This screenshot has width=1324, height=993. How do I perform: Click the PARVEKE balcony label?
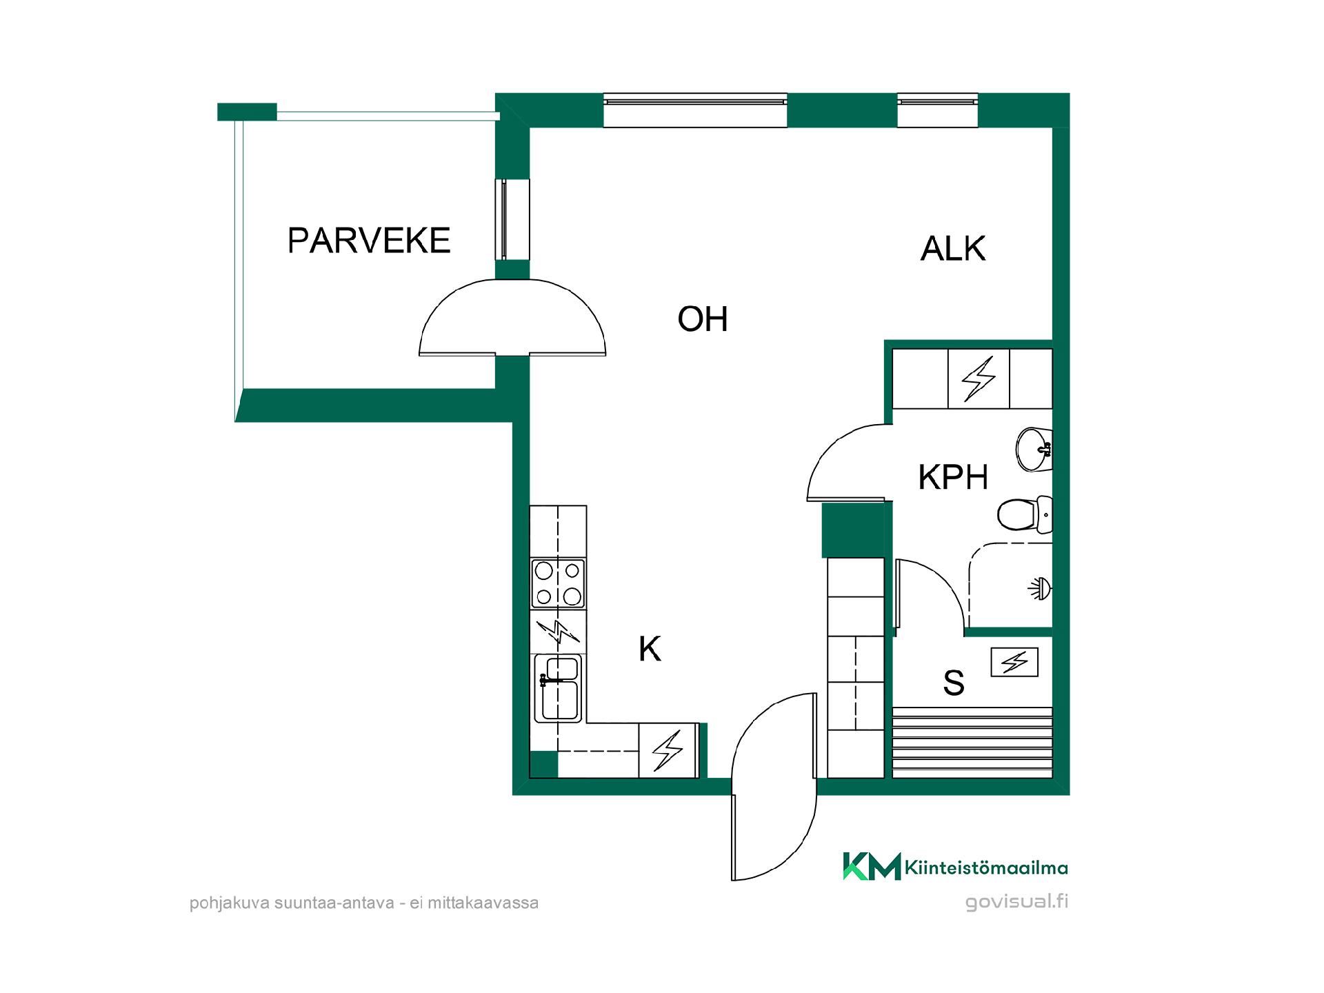369,241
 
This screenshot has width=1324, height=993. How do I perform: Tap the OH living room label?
703,319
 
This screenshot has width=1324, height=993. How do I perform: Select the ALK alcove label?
953,249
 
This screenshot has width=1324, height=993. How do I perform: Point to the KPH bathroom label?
953,477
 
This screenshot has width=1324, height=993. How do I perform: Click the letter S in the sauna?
954,683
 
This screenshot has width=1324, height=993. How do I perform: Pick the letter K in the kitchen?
650,649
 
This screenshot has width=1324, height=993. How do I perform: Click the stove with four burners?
558,583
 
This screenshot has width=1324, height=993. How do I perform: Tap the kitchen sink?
559,688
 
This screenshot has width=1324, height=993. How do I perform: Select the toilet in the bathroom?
1025,514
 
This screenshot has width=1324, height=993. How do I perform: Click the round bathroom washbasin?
1034,450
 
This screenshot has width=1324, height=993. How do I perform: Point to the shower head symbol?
1040,588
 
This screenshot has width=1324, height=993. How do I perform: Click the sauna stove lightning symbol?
1014,663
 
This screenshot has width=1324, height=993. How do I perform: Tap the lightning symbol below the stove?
557,631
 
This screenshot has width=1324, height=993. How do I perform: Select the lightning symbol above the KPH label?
979,379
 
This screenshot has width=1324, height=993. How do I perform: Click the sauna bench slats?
972,743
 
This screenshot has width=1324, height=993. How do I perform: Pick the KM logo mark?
872,866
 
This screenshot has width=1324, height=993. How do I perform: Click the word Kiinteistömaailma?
986,867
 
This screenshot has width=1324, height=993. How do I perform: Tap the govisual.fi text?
1017,901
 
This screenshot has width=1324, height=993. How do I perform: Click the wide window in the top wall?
695,110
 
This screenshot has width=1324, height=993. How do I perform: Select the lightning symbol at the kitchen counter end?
668,750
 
